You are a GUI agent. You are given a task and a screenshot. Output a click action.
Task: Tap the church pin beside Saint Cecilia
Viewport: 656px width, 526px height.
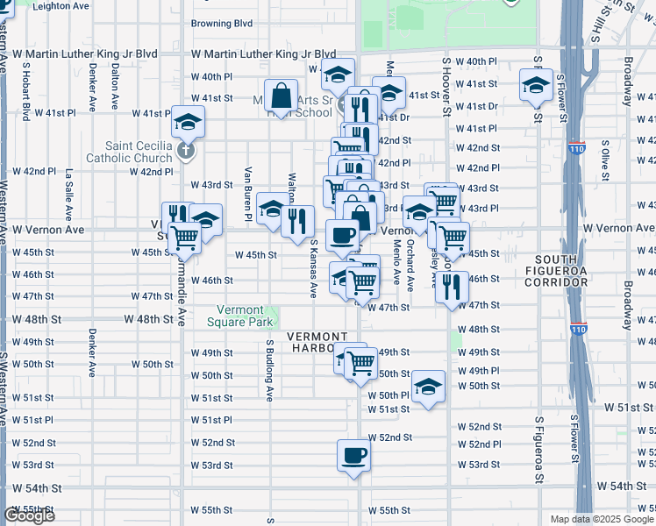click(x=185, y=151)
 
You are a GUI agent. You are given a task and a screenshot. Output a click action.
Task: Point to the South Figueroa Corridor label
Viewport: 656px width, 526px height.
click(x=562, y=271)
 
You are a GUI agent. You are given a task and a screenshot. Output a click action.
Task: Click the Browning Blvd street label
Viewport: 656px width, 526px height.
click(x=222, y=24)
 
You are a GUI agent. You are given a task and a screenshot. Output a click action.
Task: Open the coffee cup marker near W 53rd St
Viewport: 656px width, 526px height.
click(x=353, y=456)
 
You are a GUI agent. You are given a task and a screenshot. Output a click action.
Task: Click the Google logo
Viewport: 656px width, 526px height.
click(x=28, y=515)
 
